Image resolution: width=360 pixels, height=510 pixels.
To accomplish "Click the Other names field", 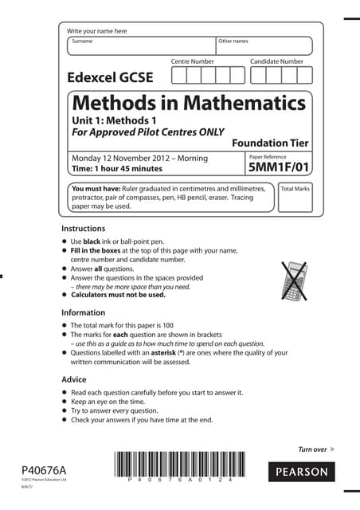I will point(264,46).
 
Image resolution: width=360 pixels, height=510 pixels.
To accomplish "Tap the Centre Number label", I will point(193,61).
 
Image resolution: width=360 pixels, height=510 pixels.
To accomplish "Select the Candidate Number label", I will point(276,61).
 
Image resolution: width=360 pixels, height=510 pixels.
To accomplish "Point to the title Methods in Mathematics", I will point(189,104).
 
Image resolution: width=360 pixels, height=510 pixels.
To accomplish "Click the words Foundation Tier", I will point(269,143).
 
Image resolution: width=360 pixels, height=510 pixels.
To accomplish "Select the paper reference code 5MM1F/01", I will point(278,169).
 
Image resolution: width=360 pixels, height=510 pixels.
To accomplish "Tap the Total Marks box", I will point(295,199).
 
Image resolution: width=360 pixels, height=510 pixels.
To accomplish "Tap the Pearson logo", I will point(302,472).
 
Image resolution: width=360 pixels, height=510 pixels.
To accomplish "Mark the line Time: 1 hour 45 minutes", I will point(117,169).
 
